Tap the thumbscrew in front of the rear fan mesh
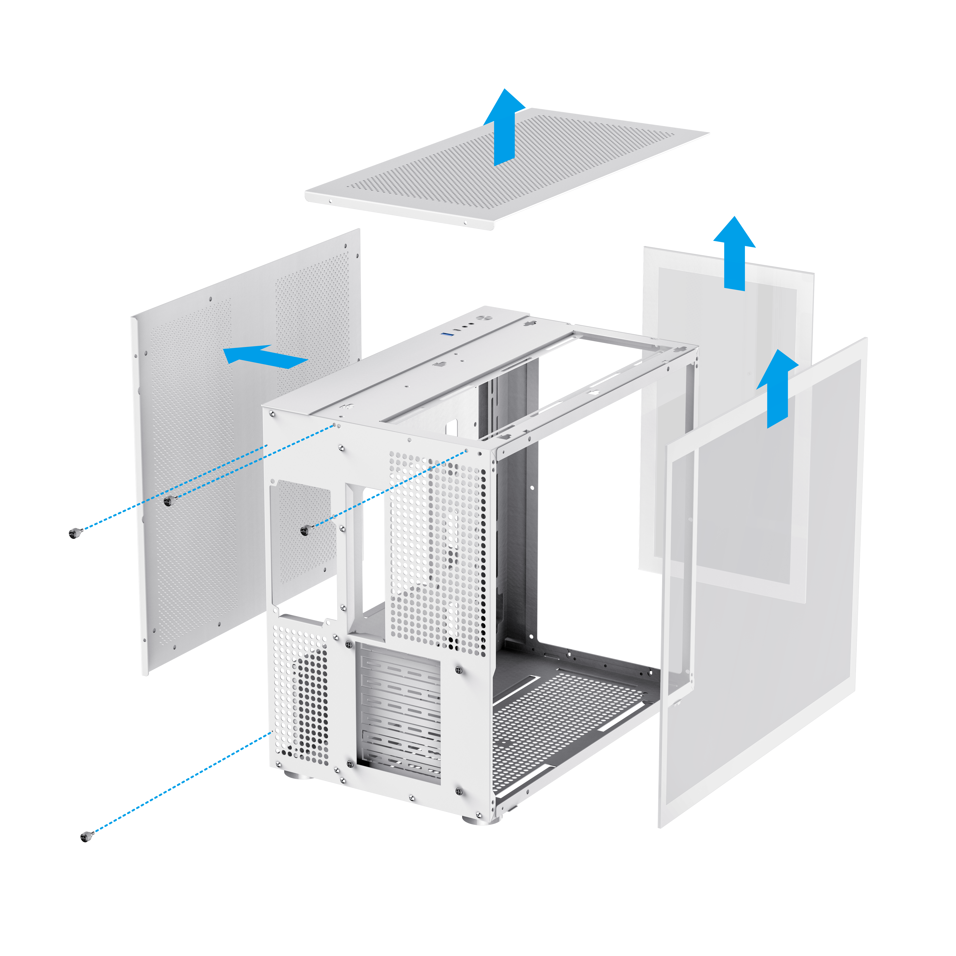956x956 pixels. tap(304, 530)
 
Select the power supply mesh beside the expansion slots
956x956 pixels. tap(301, 693)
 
